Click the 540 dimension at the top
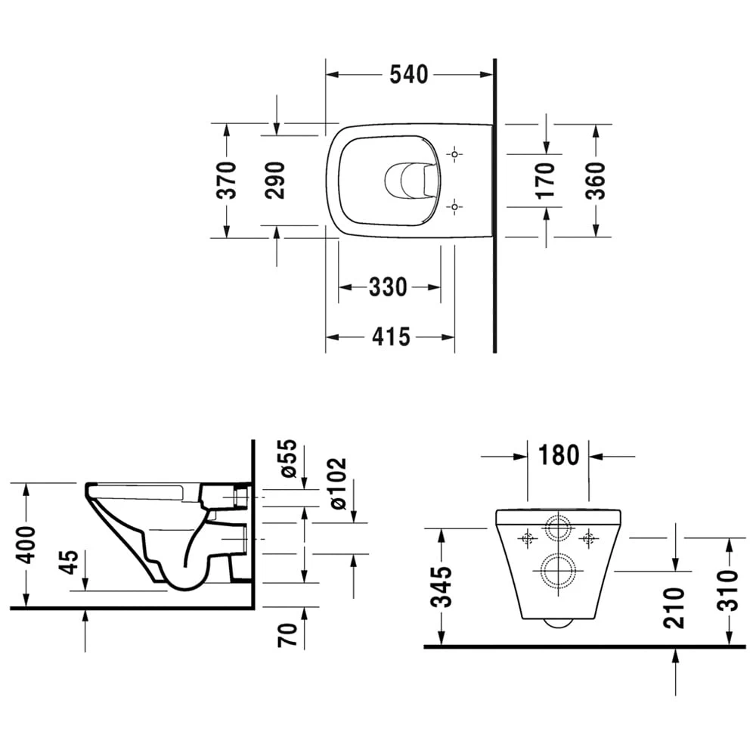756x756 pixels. [408, 74]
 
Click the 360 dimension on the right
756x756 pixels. [596, 180]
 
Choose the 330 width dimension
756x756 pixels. [388, 287]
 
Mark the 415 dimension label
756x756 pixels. [390, 336]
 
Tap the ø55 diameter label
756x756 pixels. [287, 458]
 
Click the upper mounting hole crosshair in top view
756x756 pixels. [454, 154]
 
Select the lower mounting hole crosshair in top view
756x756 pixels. [454, 206]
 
